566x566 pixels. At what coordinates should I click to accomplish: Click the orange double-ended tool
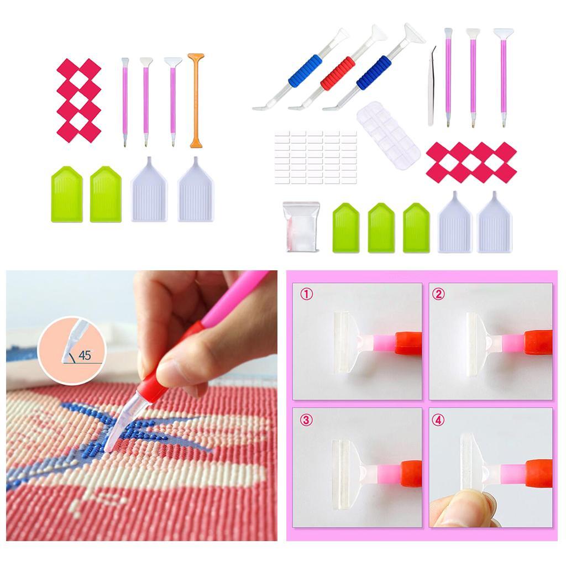[x=196, y=101]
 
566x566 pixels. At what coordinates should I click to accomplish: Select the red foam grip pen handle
[x=338, y=72]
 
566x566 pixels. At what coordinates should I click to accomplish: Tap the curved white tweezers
[x=432, y=87]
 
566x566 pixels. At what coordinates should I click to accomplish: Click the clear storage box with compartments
[x=389, y=135]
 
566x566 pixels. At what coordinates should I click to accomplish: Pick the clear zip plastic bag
[x=301, y=226]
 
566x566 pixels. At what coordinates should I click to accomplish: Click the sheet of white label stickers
[x=316, y=157]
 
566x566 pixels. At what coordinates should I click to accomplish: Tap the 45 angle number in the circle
[x=85, y=355]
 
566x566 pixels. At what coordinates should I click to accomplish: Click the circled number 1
[x=306, y=294]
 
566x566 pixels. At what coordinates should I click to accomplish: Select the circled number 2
[x=438, y=294]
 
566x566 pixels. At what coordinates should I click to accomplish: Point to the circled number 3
[x=306, y=420]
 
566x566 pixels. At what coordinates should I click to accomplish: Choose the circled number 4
[x=438, y=420]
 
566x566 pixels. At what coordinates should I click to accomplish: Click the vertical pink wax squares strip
[x=79, y=101]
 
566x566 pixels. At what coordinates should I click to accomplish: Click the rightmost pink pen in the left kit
[x=173, y=102]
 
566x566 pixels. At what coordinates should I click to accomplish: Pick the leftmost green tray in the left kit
[x=67, y=194]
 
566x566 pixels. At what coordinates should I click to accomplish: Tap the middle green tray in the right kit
[x=381, y=228]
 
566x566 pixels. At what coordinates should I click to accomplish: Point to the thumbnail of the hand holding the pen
[x=141, y=406]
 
